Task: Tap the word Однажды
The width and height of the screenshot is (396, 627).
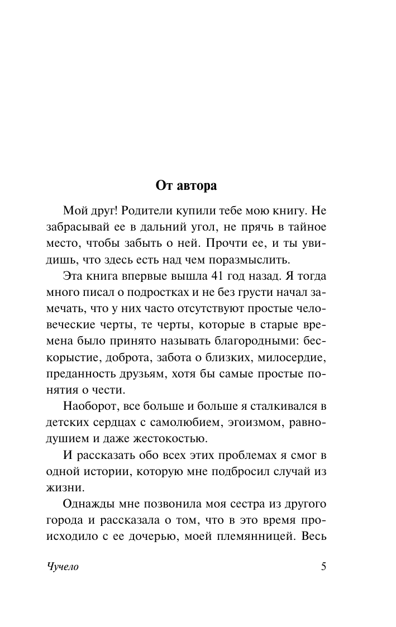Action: [91, 505]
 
